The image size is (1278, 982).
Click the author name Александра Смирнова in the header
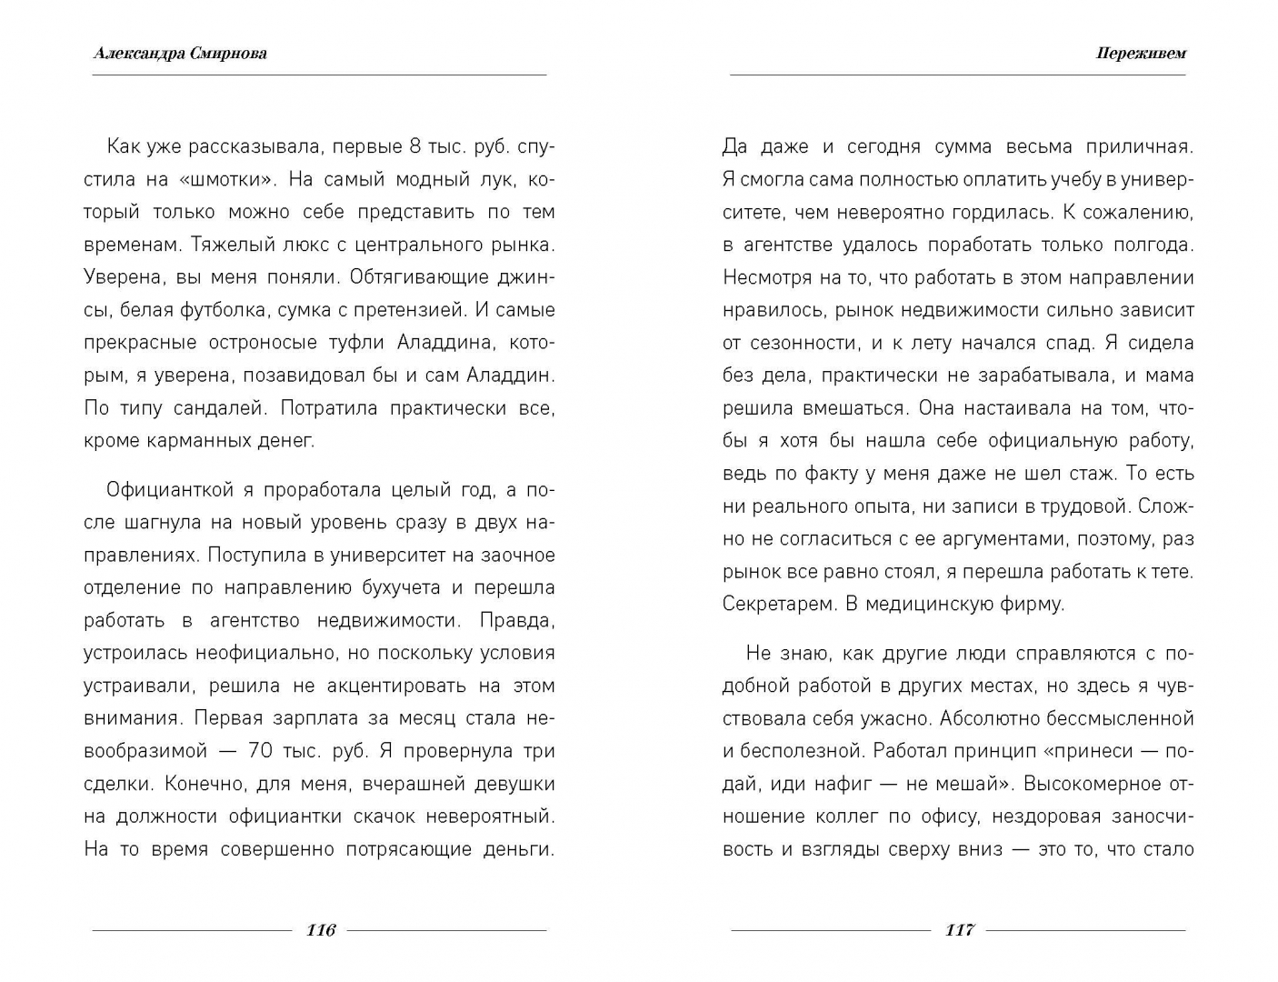pyautogui.click(x=180, y=54)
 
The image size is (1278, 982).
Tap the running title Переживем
pyautogui.click(x=1141, y=54)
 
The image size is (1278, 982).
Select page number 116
pyautogui.click(x=321, y=929)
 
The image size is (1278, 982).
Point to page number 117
pyautogui.click(x=959, y=929)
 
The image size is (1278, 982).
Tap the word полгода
pyautogui.click(x=1153, y=245)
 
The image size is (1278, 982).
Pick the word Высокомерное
pyautogui.click(x=1096, y=784)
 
